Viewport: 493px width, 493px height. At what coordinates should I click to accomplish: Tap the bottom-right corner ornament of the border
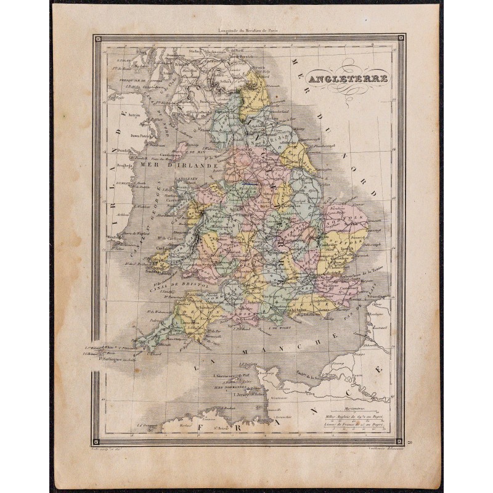click(x=399, y=441)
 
